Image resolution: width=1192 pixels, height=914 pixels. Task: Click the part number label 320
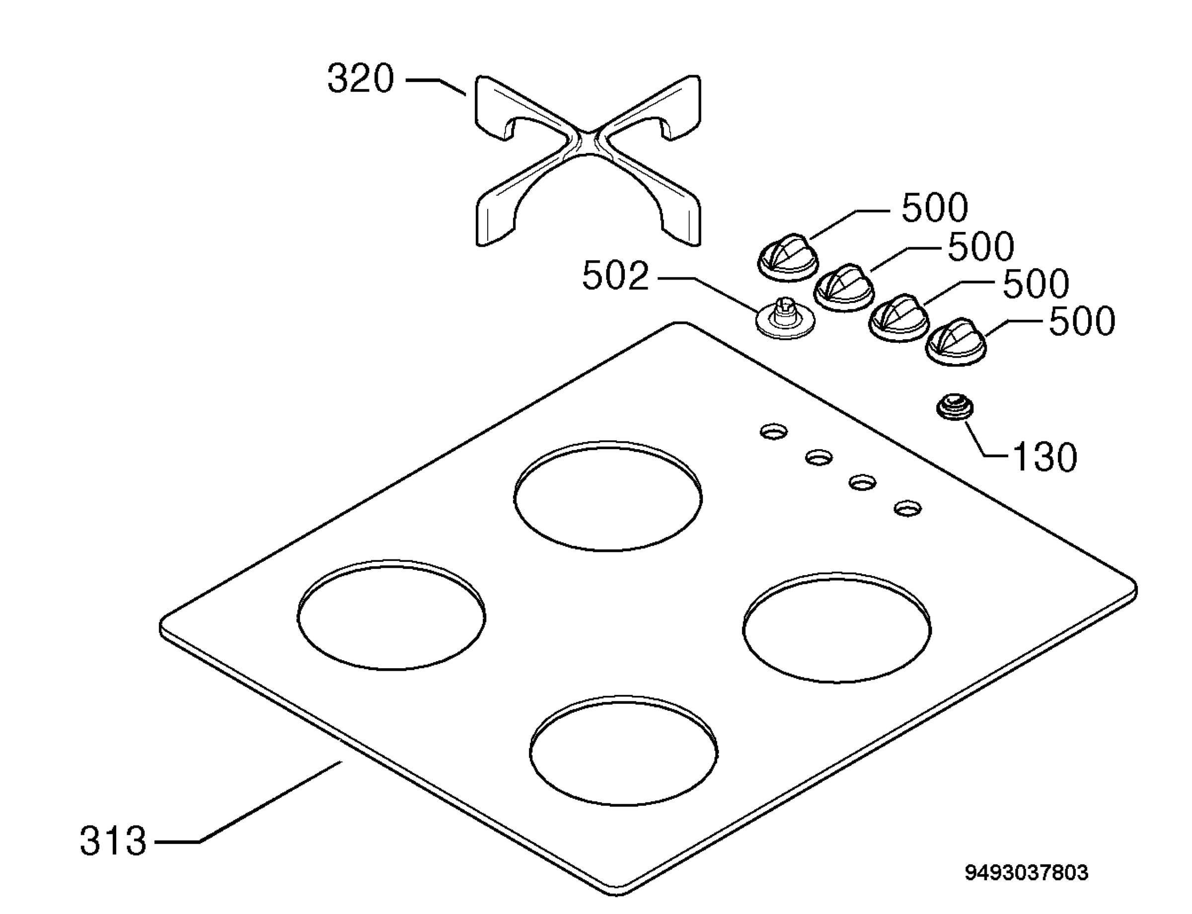[x=360, y=79]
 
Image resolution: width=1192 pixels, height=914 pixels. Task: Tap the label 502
[x=615, y=276]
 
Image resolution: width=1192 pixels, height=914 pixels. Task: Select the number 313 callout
[x=113, y=841]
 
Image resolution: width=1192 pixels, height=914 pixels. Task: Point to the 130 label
[x=1044, y=457]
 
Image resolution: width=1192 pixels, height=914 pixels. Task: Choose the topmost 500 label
[x=935, y=207]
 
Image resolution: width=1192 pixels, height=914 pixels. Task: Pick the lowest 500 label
[x=1082, y=321]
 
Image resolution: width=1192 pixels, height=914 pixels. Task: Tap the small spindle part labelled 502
[x=786, y=317]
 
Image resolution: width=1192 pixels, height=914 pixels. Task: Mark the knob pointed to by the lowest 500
[x=956, y=342]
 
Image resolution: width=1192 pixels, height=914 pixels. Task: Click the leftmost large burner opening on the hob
[x=391, y=615]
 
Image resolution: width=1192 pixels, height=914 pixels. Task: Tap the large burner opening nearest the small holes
[x=608, y=496]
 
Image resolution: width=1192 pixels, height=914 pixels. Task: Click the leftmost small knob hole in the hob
[x=774, y=432]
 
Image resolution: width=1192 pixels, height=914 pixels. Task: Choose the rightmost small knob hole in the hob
[x=907, y=509]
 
